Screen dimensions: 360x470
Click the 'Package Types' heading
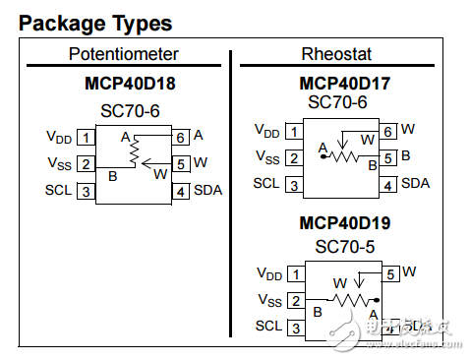tap(95, 24)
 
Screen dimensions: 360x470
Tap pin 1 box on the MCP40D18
tap(88, 137)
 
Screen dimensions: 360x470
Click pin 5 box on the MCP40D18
tap(181, 163)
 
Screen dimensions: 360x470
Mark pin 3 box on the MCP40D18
tap(88, 191)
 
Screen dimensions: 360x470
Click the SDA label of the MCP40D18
tap(207, 191)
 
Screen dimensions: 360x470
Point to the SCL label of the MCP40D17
tap(266, 183)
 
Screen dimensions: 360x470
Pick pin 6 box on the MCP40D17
tap(388, 131)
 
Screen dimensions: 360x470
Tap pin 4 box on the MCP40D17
tap(388, 184)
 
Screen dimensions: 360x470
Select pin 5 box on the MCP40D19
tap(390, 273)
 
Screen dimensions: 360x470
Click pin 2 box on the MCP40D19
tap(295, 300)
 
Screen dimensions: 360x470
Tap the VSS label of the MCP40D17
tap(267, 156)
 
